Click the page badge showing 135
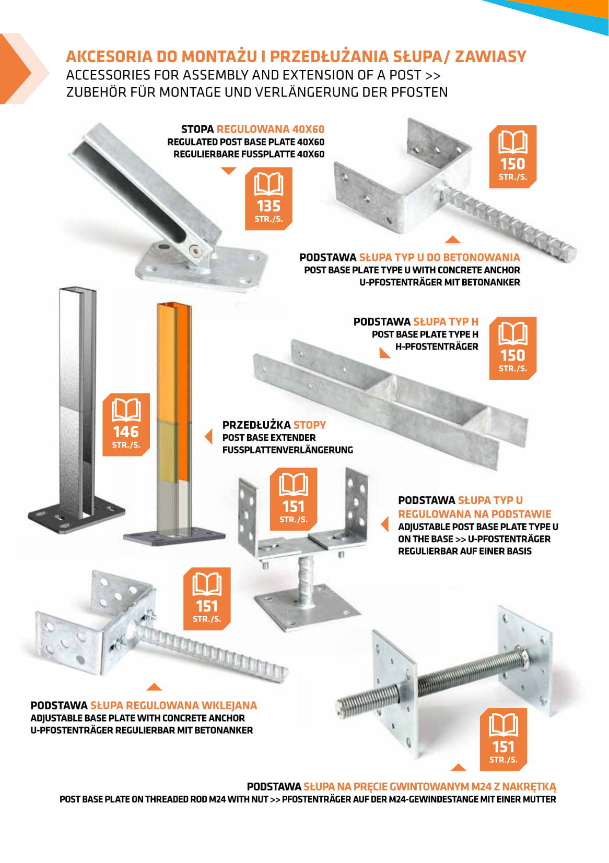[x=268, y=198]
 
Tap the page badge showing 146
[x=126, y=425]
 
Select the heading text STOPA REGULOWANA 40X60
[x=253, y=129]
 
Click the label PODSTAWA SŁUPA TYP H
[x=416, y=322]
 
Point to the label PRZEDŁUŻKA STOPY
[x=274, y=425]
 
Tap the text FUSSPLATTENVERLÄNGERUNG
[x=288, y=450]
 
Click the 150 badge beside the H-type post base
[x=512, y=348]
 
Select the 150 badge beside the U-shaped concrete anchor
[x=512, y=157]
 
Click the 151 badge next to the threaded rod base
[x=503, y=739]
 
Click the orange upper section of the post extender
[x=174, y=362]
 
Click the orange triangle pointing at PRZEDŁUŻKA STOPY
[x=208, y=437]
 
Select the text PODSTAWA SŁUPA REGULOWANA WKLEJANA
[x=144, y=705]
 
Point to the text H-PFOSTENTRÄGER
[x=437, y=347]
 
